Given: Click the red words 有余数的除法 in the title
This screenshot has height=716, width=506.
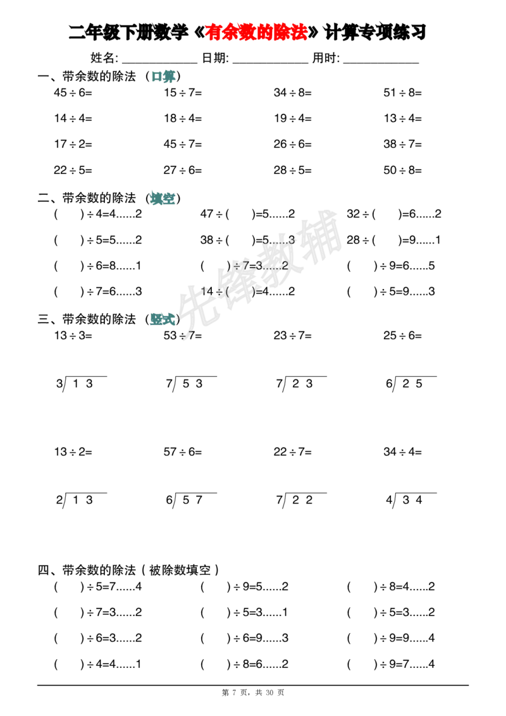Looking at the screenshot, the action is point(256,32).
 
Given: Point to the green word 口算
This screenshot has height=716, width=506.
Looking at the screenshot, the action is point(163,77).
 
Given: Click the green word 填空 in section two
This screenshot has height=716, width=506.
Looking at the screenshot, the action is point(163,198).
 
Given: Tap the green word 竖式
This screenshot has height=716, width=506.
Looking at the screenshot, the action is point(163,319).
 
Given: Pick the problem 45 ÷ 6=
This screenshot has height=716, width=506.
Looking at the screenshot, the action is point(73,93).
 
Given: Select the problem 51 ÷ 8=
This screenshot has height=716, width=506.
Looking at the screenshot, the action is point(403,93).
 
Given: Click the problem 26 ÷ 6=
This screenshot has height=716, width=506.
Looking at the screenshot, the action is point(293,144).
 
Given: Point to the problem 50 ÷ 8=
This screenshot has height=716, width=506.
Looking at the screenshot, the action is point(403,170).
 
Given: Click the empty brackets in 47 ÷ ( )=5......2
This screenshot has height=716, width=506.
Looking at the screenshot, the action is point(240,214).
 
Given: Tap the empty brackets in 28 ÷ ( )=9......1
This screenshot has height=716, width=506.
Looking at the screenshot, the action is point(387,240).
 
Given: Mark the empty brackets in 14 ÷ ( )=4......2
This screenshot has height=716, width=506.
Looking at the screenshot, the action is point(240,292).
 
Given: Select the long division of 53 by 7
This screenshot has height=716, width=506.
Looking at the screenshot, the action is point(191,383).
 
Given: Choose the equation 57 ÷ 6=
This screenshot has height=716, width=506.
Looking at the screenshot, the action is point(183,452).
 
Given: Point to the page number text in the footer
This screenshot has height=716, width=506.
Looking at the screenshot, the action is point(253,693).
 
